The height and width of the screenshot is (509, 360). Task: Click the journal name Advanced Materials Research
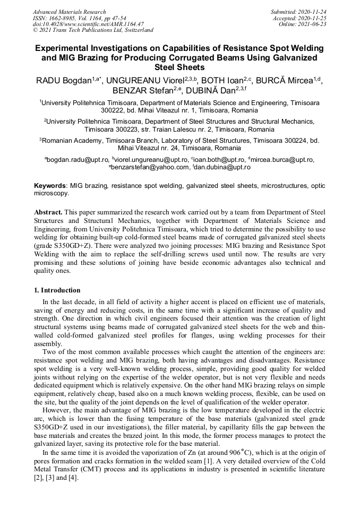pos(69,12)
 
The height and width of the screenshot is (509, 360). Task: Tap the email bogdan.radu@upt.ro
pos(78,159)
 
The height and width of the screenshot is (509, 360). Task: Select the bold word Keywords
pos(50,186)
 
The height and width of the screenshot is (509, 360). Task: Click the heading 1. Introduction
pos(57,290)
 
